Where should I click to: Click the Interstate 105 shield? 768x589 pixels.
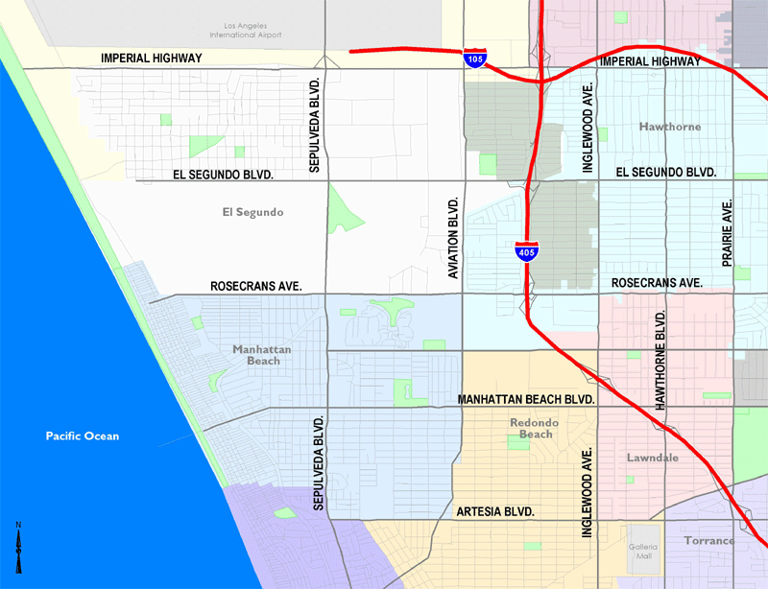point(474,56)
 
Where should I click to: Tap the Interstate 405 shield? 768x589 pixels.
point(526,251)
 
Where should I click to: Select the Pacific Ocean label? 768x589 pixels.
point(83,436)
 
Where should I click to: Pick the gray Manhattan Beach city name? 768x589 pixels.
point(262,355)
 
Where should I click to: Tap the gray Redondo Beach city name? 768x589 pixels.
point(536,428)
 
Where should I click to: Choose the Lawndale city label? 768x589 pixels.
point(653,458)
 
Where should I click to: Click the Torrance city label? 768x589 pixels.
point(708,540)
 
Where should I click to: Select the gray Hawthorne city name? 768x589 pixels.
point(669,127)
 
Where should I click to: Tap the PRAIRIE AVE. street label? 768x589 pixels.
point(727,233)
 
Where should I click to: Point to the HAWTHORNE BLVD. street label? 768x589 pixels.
point(660,361)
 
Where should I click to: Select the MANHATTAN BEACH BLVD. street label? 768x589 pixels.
point(527,398)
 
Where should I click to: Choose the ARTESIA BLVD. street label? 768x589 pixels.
point(495,511)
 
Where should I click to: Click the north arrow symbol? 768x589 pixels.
point(18,548)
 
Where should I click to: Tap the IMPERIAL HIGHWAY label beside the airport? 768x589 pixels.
point(152,59)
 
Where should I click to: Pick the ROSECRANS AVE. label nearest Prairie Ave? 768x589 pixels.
point(657,283)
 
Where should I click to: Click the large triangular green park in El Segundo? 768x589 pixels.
point(343,208)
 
